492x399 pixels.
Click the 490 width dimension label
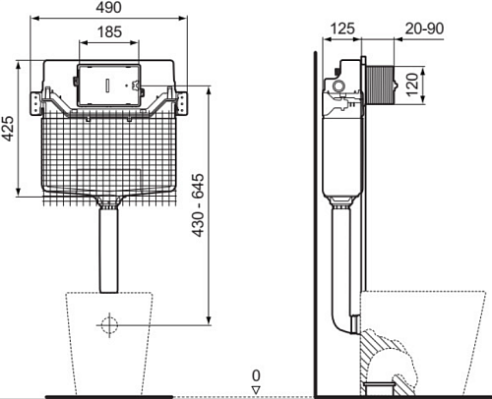(x=108, y=7)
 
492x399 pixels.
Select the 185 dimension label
(x=109, y=31)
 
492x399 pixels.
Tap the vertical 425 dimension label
(x=8, y=129)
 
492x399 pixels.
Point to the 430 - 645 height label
(x=198, y=205)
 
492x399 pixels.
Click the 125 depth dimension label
(x=342, y=28)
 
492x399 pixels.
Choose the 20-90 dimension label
(x=424, y=28)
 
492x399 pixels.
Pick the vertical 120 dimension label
(x=412, y=85)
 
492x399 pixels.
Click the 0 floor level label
(x=256, y=375)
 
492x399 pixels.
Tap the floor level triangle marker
(x=256, y=390)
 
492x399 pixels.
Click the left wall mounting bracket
(x=35, y=103)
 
